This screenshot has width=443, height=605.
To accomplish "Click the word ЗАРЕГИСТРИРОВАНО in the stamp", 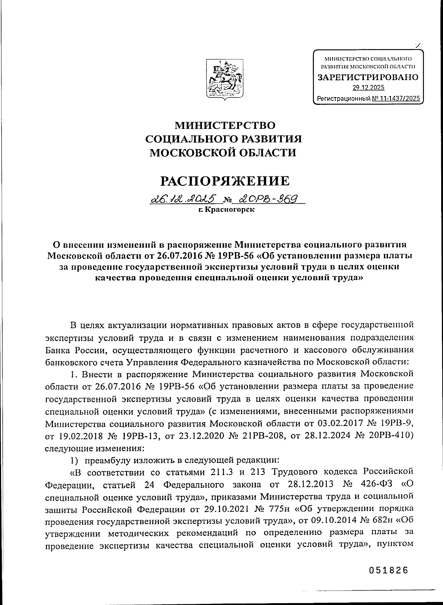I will point(368,78).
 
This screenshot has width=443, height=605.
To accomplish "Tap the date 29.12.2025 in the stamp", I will point(368,87).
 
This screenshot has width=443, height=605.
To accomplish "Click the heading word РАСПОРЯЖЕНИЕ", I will point(224,181).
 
